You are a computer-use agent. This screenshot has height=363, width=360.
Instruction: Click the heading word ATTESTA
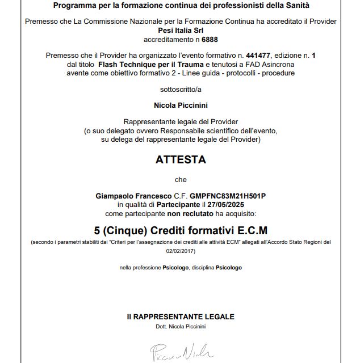[x=181, y=160]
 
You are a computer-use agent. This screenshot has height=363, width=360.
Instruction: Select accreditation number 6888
[x=210, y=40]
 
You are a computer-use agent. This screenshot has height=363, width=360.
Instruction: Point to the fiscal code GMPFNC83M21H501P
[x=228, y=196]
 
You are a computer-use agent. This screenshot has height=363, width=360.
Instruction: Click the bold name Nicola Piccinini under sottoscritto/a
[x=181, y=105]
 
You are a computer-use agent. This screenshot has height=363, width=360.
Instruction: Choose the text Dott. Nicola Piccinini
[x=181, y=327]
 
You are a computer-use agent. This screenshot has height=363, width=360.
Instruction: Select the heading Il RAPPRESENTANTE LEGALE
[x=181, y=317]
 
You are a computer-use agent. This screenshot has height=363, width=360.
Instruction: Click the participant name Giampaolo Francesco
[x=125, y=196]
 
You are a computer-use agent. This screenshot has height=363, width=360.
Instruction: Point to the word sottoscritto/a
[x=181, y=89]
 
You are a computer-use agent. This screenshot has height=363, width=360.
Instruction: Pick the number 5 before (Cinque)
[x=98, y=230]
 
